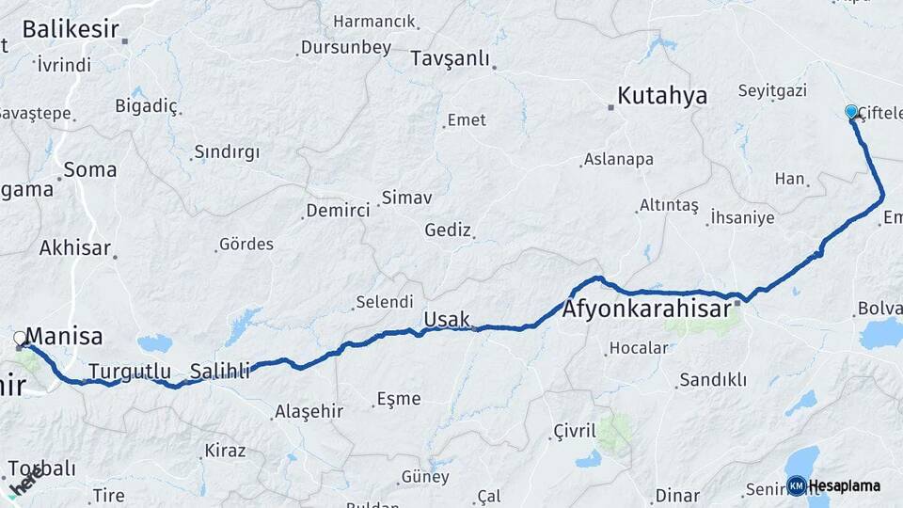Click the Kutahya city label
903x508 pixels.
pyautogui.click(x=662, y=96)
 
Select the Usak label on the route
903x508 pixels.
pyautogui.click(x=446, y=320)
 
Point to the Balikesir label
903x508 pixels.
pyautogui.click(x=70, y=29)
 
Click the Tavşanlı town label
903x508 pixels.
pyautogui.click(x=450, y=59)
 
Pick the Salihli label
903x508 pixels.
pyautogui.click(x=220, y=371)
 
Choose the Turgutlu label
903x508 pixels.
pyautogui.click(x=131, y=372)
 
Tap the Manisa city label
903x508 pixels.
pyautogui.click(x=64, y=337)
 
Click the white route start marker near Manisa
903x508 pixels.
pyautogui.click(x=20, y=338)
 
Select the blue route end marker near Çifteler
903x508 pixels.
pyautogui.click(x=851, y=111)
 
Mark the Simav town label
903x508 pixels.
pyautogui.click(x=405, y=198)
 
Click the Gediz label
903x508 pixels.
pyautogui.click(x=447, y=230)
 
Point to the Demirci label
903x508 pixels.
pyautogui.click(x=338, y=211)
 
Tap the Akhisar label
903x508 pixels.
pyautogui.click(x=75, y=248)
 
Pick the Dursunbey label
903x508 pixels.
pyautogui.click(x=345, y=48)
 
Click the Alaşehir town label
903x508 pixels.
pyautogui.click(x=309, y=412)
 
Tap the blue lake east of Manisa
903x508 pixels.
pyautogui.click(x=154, y=343)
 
